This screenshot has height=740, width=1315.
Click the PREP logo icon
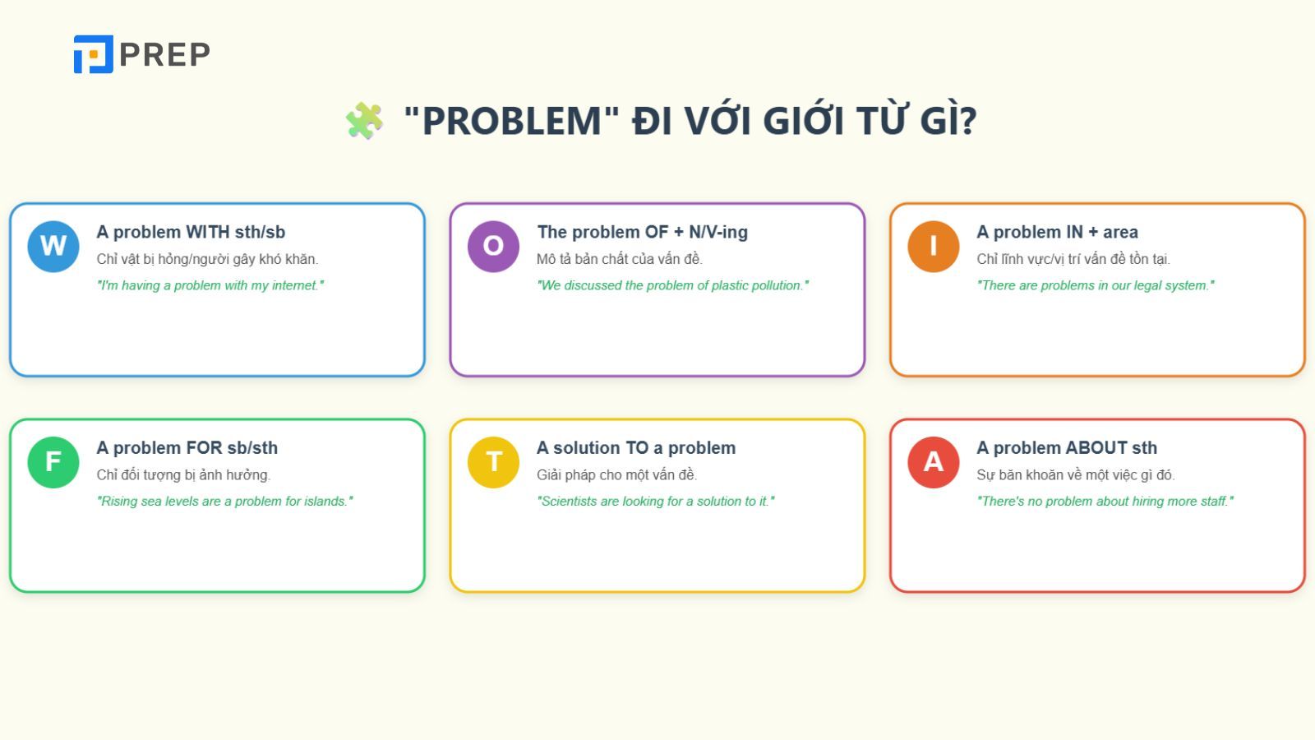click(93, 54)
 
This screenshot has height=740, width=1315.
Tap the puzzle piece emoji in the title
click(364, 121)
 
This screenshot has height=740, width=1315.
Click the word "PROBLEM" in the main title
click(511, 121)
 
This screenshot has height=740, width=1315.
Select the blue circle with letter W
click(53, 246)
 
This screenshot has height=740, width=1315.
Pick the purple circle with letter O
click(493, 246)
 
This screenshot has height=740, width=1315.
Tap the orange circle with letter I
click(933, 246)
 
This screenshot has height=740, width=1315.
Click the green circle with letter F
click(53, 461)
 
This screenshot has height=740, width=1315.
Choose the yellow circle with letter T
click(493, 461)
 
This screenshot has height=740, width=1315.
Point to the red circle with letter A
click(933, 461)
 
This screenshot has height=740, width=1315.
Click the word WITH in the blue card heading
click(208, 233)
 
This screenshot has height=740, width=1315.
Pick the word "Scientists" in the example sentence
click(569, 501)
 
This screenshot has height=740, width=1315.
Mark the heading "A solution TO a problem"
click(636, 448)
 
